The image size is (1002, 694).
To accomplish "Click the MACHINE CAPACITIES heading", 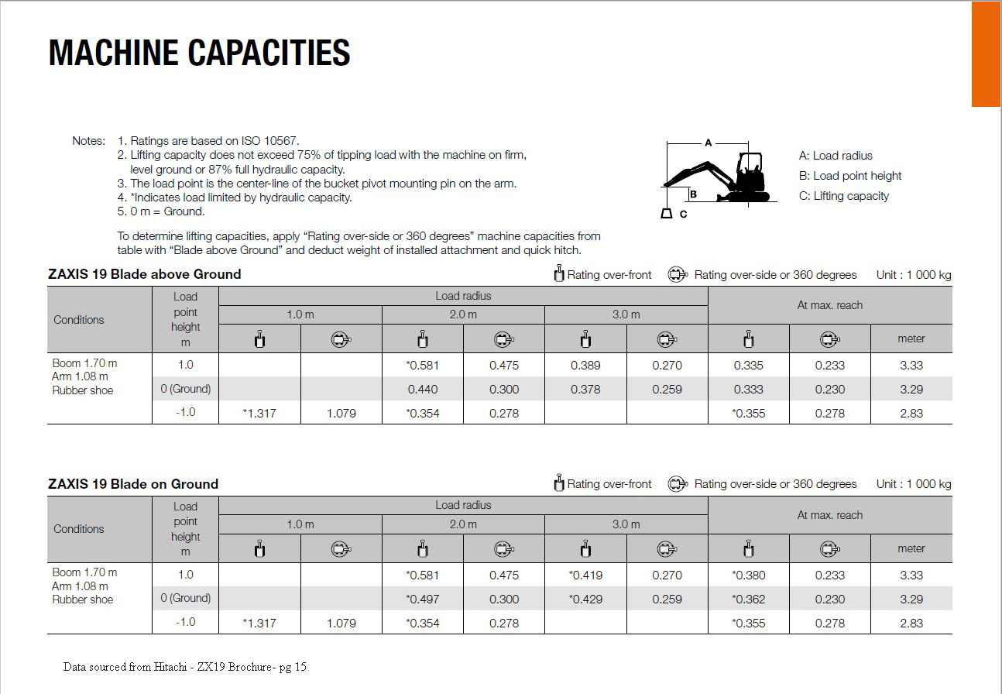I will pos(199,53).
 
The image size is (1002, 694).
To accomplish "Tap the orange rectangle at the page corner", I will pos(986,53).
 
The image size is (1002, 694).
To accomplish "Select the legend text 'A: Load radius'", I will pos(836,156).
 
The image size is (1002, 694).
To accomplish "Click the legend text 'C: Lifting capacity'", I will pos(843,196).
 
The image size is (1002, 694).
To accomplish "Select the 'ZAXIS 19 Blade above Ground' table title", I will pos(145,274).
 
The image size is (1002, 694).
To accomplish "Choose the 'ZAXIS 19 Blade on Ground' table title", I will pos(133,484).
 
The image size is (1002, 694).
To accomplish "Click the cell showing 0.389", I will pos(585,366).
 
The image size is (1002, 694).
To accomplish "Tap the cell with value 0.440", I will pos(423,390).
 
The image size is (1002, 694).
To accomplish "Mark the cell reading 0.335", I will pos(748,366).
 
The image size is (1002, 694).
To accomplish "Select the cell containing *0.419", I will pos(585,575).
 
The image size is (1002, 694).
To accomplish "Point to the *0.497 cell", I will pos(422,600).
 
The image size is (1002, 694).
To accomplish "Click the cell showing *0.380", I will pos(748,575).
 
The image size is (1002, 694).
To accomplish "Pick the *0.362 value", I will pos(748,600).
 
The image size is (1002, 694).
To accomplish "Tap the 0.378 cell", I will pos(585,390).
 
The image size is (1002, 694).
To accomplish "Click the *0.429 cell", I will pos(585,600).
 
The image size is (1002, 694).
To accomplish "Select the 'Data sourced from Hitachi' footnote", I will pos(184,667).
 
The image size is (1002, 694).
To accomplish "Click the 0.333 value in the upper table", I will pos(748,390).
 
